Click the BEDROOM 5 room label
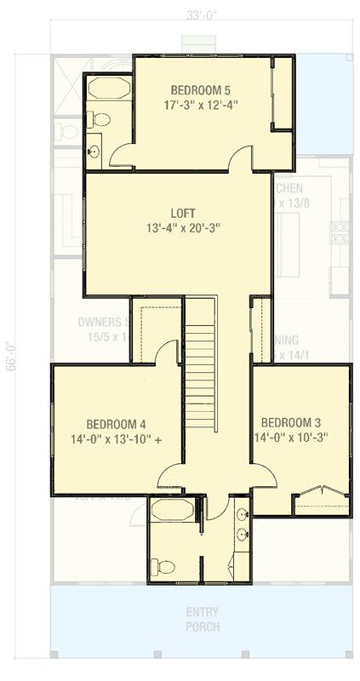200,89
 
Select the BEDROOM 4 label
116,424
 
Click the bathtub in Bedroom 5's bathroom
106,90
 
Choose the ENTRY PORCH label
202,619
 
